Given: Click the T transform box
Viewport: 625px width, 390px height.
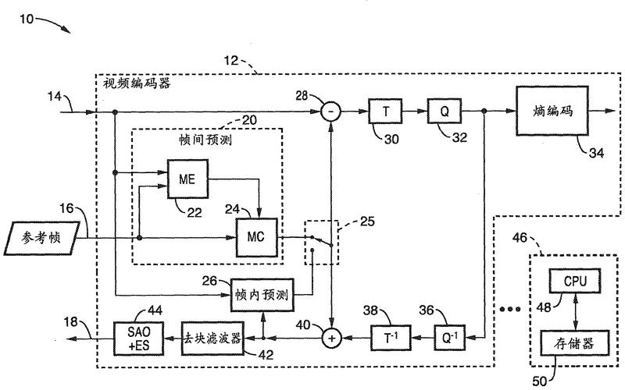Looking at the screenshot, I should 385,112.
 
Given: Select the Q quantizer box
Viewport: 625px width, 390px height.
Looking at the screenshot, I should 443,112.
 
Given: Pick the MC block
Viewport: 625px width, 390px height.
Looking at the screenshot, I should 257,236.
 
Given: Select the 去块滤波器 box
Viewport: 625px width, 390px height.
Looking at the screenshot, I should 212,340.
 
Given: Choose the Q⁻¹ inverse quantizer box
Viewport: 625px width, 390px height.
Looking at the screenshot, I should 442,339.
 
